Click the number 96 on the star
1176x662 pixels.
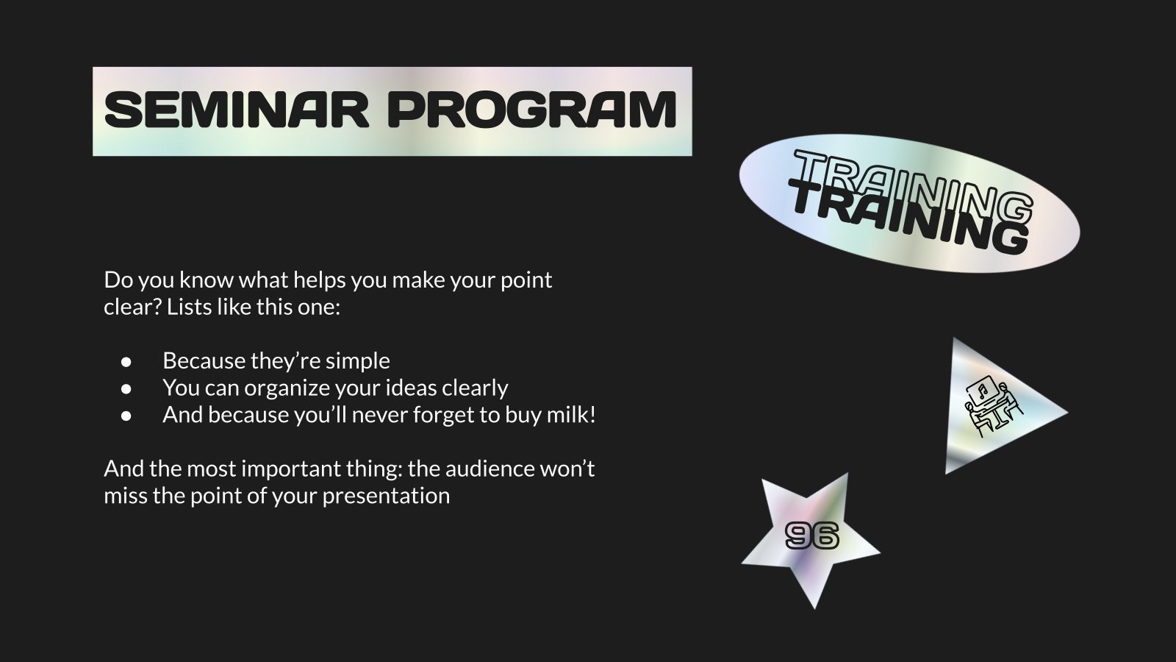811,536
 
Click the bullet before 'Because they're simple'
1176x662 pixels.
126,361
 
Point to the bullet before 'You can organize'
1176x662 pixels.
126,388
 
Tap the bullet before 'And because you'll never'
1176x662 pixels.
126,416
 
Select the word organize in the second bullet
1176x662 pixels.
288,388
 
